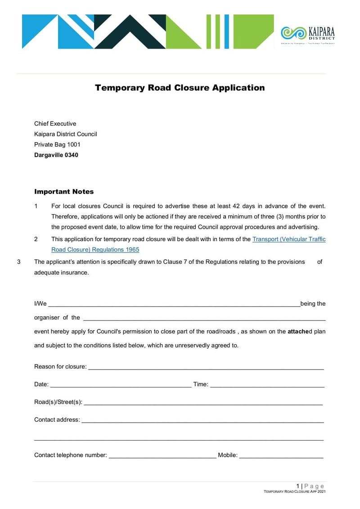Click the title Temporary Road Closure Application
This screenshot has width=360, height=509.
point(180,88)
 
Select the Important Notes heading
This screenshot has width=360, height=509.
point(64,192)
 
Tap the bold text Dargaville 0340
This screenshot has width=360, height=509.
point(56,155)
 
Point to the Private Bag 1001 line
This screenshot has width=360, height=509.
point(57,144)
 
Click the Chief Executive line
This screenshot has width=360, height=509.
point(55,124)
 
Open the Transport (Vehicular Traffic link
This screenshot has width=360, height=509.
point(289,239)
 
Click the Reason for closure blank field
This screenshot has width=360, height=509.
point(206,367)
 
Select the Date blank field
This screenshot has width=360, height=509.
point(120,385)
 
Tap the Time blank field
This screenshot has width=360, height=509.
point(267,385)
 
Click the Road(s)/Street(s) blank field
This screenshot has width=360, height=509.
point(203,402)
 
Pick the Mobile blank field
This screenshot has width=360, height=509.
point(281,455)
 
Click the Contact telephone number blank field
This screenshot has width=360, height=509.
point(162,455)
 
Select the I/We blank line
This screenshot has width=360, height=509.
point(174,304)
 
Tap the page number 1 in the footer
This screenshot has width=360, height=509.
point(297,486)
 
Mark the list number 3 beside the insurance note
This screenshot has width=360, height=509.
point(19,262)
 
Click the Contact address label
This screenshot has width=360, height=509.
point(57,420)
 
